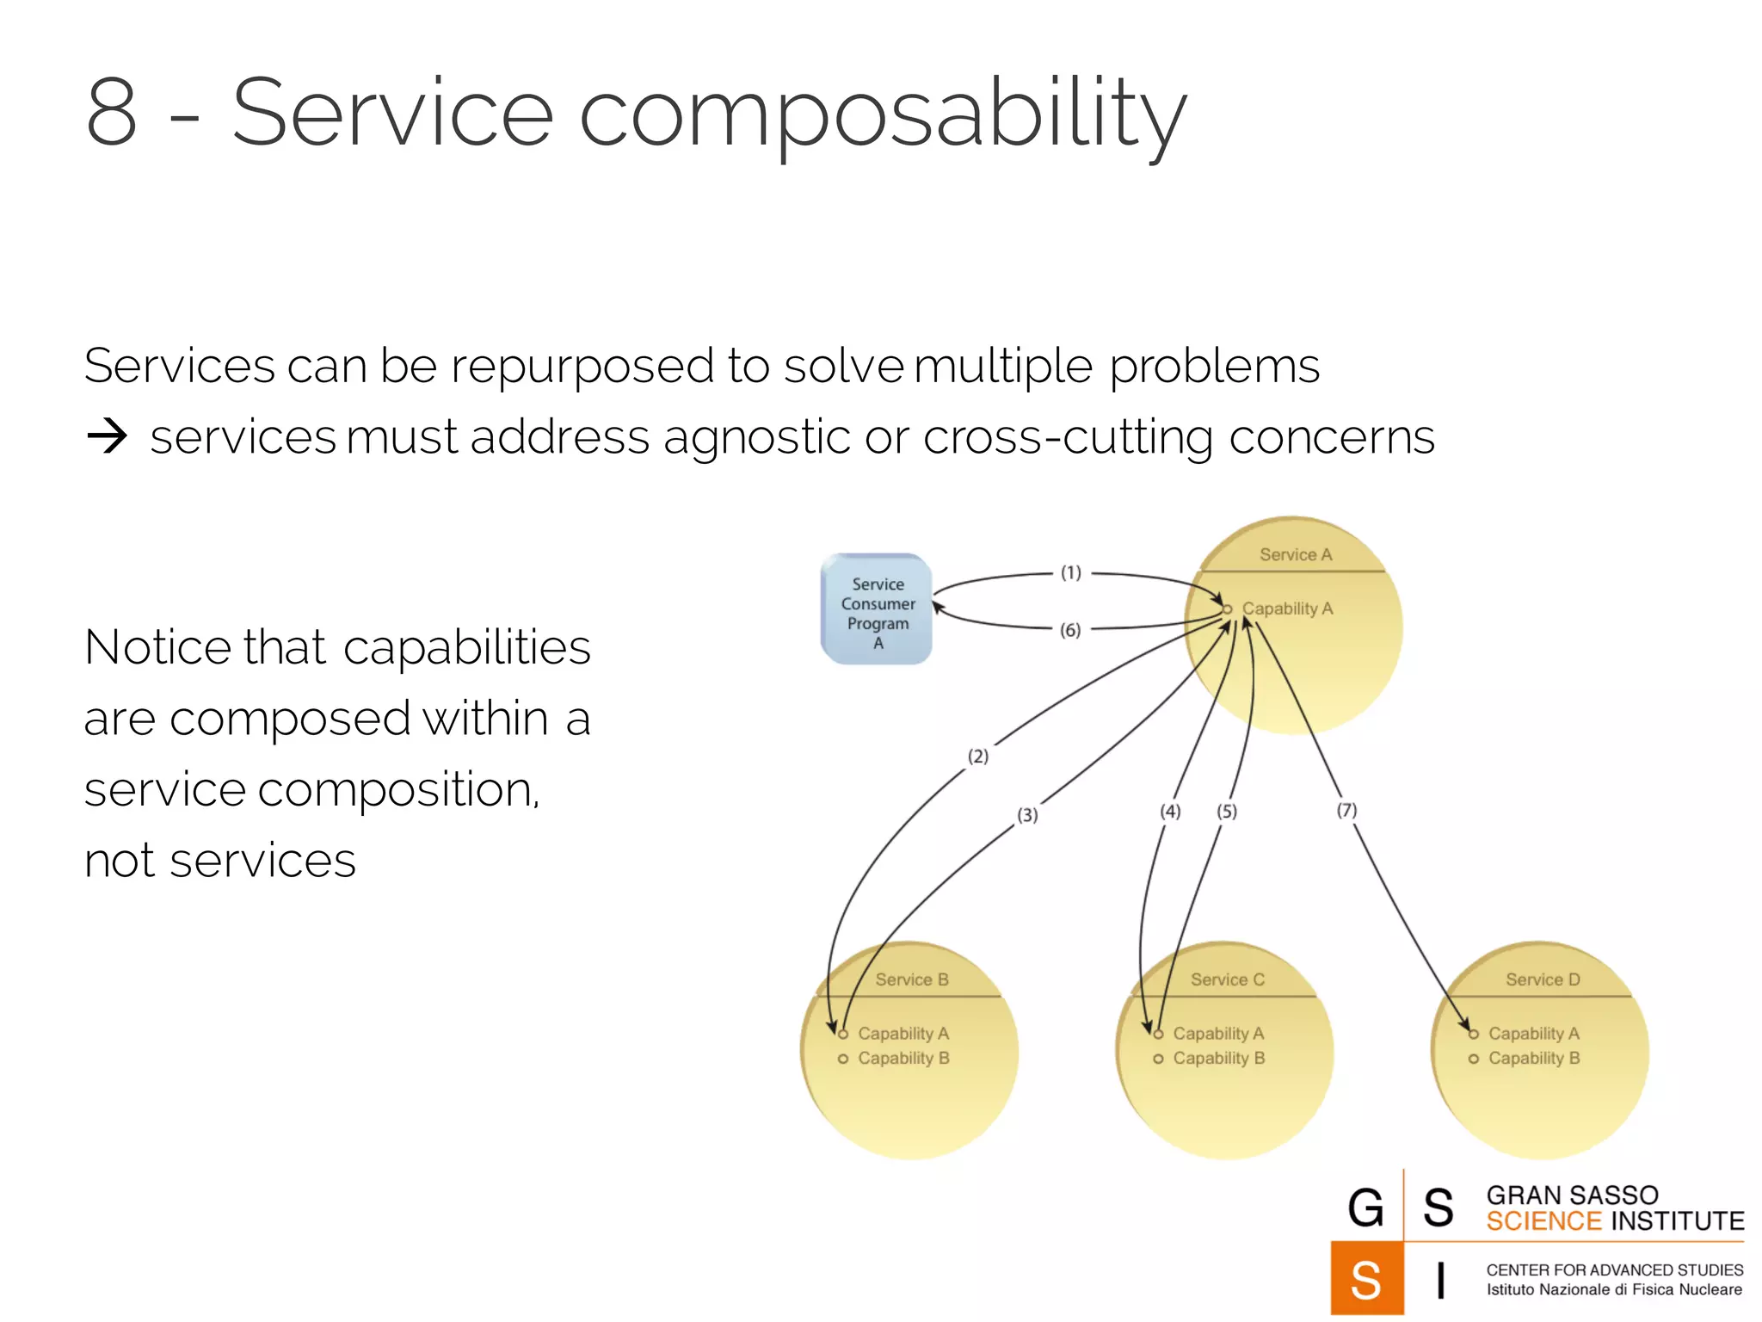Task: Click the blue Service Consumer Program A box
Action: point(877,609)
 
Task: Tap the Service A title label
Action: point(1296,555)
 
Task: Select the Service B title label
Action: point(912,979)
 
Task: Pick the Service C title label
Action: point(1228,979)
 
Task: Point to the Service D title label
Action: point(1543,979)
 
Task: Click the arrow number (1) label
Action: point(1070,573)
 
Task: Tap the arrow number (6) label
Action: point(1070,630)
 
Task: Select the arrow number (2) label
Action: point(978,757)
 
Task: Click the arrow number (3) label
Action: point(1027,815)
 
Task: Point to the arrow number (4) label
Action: point(1170,812)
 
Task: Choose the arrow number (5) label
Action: point(1227,812)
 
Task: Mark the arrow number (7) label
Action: point(1346,811)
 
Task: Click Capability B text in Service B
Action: point(903,1059)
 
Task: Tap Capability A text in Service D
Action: point(1534,1034)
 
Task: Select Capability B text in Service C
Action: point(1219,1059)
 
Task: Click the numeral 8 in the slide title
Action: point(112,113)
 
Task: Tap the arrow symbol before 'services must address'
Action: point(108,437)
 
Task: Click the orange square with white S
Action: point(1366,1278)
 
